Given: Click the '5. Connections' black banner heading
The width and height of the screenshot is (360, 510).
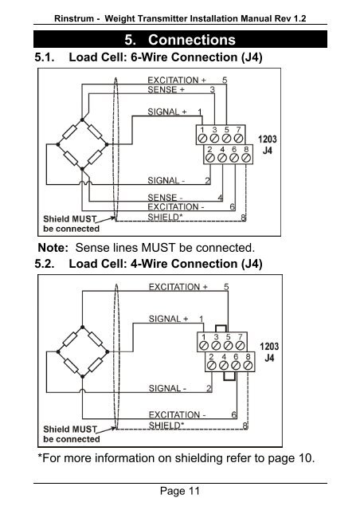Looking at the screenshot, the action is coord(180,39).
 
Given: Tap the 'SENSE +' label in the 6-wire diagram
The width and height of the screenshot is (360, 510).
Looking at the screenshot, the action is coord(166,89).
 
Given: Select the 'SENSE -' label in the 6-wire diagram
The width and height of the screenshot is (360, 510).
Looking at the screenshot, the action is coord(165,197).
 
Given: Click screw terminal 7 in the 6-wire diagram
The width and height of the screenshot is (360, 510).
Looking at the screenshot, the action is coord(238,138).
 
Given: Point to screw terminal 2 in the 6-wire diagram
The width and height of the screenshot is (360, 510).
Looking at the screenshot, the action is coord(210,158).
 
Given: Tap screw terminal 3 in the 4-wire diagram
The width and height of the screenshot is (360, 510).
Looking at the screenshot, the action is coord(216,345).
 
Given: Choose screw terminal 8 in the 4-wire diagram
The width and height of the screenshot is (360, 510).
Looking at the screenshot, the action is coord(248,365).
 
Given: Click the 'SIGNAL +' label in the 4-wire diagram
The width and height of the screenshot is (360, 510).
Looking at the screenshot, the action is coord(168,319).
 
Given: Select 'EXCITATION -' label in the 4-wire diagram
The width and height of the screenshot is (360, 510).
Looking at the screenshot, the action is coord(177,414).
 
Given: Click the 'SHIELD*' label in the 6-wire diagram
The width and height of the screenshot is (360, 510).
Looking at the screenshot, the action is coord(163,217).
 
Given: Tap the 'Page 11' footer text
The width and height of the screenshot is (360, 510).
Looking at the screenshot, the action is coord(180,491).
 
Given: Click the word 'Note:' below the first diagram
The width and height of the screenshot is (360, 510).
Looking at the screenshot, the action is coord(53,248).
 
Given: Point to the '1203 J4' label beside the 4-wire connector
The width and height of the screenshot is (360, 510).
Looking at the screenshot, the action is coord(269,352).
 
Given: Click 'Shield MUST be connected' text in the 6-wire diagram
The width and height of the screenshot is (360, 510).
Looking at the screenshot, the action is coord(71,224).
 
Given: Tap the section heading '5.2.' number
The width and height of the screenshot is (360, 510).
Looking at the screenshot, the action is coord(45,264).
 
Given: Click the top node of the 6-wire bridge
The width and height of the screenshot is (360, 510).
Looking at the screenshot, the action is coord(82,120).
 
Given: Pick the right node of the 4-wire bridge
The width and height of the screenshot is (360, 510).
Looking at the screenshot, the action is coord(108,351).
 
